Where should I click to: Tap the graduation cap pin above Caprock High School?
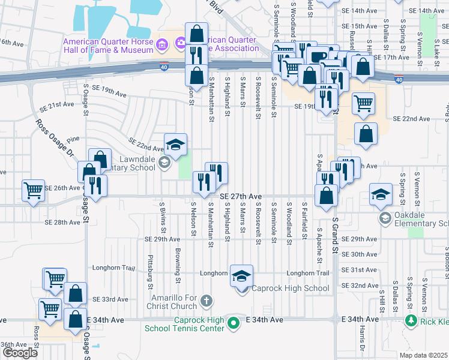[x=241, y=276]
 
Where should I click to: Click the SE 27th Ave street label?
[x=241, y=196]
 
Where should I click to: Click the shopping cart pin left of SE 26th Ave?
[x=34, y=191]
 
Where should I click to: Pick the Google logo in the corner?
[x=19, y=353]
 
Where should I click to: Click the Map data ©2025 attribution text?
[x=423, y=355]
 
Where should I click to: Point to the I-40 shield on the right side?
[x=399, y=79]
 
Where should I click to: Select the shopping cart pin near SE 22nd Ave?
[x=364, y=104]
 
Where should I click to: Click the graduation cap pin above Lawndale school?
[x=175, y=145]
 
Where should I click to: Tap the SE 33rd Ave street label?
[x=110, y=299]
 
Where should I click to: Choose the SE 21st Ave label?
[x=65, y=104]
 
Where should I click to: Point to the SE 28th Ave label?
[x=62, y=222]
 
